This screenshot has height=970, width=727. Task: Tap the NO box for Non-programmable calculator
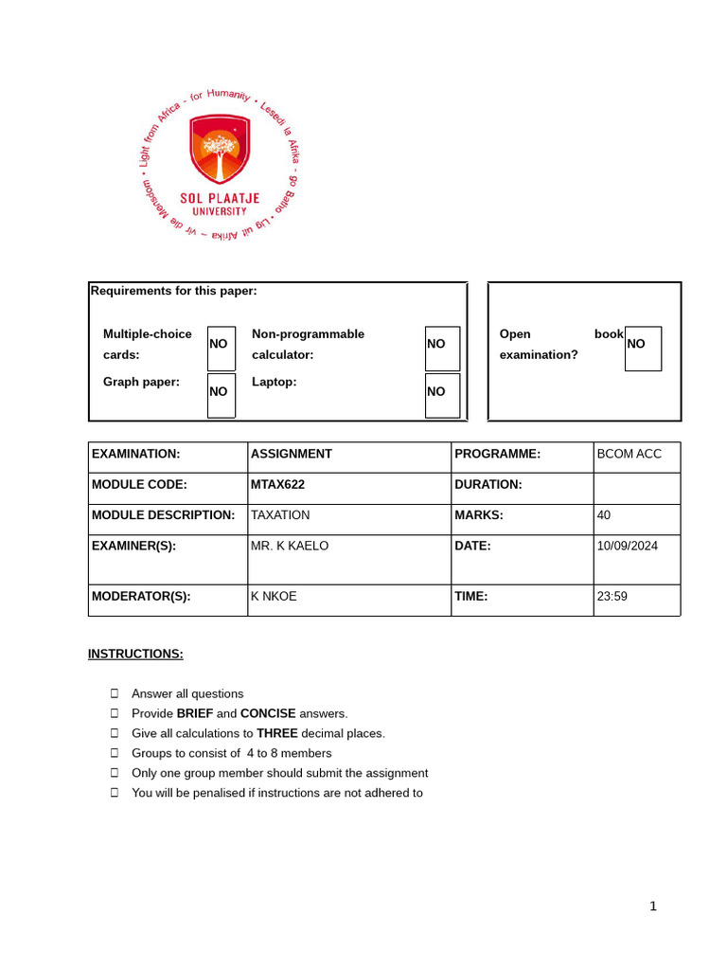tap(442, 348)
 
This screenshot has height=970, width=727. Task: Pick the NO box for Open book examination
tap(643, 348)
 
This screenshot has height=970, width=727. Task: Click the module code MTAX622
tap(278, 484)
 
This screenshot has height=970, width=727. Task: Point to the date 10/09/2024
tap(627, 546)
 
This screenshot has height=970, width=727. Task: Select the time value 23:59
tap(612, 597)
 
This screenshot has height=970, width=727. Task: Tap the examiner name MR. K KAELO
tap(290, 546)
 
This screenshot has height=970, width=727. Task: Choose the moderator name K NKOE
tap(274, 597)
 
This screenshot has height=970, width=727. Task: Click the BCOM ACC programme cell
tap(629, 454)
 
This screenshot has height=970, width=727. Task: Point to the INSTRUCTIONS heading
tap(135, 654)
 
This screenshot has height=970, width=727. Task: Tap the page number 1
tap(653, 907)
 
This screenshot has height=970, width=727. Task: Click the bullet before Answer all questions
tap(115, 693)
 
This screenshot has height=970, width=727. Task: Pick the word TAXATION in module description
tap(280, 515)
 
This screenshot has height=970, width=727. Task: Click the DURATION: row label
tap(488, 484)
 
